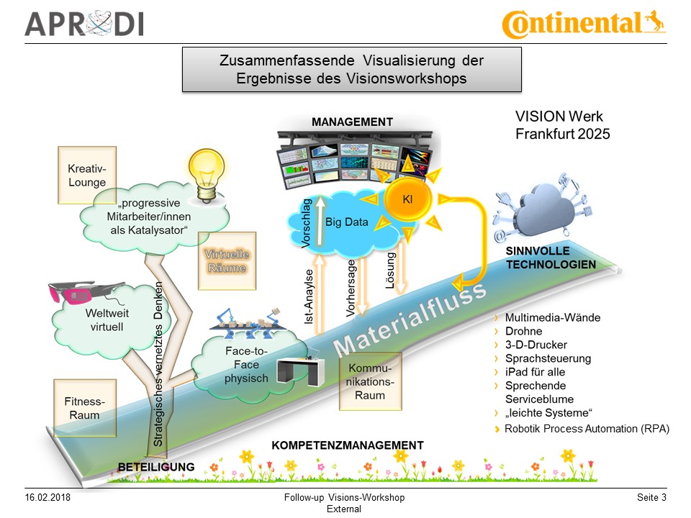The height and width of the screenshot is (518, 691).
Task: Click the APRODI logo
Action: pos(84,23)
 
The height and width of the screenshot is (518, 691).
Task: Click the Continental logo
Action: pos(583,23)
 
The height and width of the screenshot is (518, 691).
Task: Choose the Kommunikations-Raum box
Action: pos(370,382)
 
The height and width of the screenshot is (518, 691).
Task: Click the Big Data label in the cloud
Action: pos(346,222)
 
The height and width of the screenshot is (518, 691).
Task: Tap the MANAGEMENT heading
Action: pos(352,122)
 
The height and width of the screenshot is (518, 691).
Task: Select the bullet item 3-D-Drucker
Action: pos(536,345)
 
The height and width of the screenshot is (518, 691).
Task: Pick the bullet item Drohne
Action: pos(523,331)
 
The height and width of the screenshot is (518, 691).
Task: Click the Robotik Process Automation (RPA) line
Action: pos(587,429)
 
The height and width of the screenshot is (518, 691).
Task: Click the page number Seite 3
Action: pos(651,498)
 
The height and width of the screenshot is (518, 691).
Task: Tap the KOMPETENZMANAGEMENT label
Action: pos(347,445)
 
